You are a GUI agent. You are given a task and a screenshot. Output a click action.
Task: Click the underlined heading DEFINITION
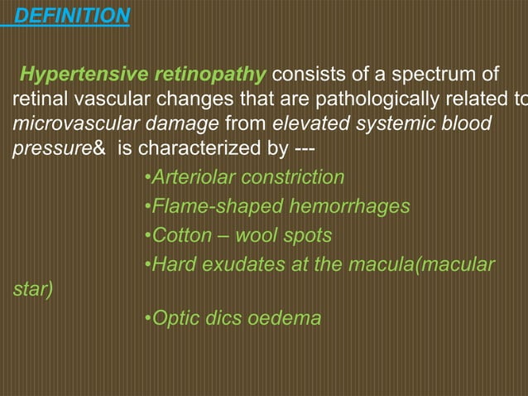pos(73,16)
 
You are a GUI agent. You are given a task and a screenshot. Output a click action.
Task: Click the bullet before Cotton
pos(146,235)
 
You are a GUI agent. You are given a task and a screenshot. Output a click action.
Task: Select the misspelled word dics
pos(224,319)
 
